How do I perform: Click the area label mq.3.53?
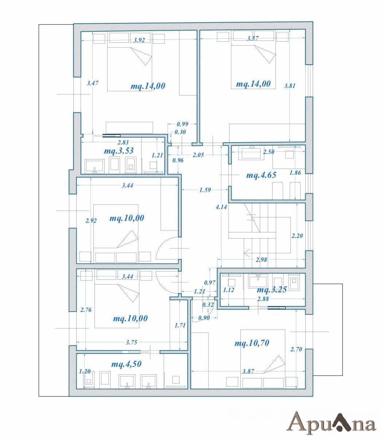pyautogui.click(x=119, y=151)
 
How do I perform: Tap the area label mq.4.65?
pyautogui.click(x=261, y=175)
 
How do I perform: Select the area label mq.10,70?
pyautogui.click(x=252, y=343)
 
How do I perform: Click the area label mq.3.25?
pyautogui.click(x=272, y=290)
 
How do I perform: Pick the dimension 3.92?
pyautogui.click(x=139, y=40)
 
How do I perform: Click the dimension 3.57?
pyautogui.click(x=253, y=39)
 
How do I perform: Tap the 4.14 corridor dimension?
pyautogui.click(x=221, y=207)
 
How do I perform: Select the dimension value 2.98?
pyautogui.click(x=261, y=260)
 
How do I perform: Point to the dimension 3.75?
pyautogui.click(x=131, y=342)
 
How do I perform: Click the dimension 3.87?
pyautogui.click(x=248, y=371)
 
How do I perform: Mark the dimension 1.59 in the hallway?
pyautogui.click(x=205, y=190)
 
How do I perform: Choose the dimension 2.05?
pyautogui.click(x=198, y=155)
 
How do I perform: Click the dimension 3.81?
pyautogui.click(x=290, y=86)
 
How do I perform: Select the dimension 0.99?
pyautogui.click(x=182, y=124)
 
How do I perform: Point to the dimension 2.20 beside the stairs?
pyautogui.click(x=297, y=236)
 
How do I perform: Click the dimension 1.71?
pyautogui.click(x=180, y=325)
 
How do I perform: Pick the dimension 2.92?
pyautogui.click(x=91, y=221)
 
